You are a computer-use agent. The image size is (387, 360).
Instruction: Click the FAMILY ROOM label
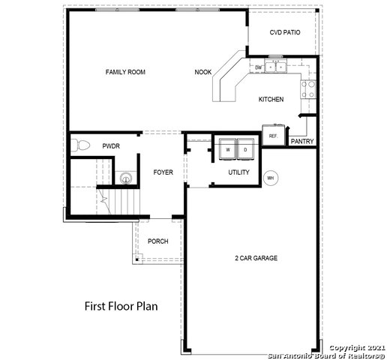tap(125, 72)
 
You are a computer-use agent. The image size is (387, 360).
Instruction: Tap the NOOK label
tap(203, 72)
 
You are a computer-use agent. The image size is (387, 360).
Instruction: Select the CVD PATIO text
tap(285, 32)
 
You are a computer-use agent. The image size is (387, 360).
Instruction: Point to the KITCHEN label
tap(271, 99)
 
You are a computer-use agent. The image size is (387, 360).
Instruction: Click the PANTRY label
tap(302, 141)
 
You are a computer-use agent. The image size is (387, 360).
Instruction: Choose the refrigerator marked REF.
tap(274, 135)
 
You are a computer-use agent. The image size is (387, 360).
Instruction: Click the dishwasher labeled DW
tap(258, 67)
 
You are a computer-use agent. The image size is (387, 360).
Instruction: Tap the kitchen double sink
tap(276, 67)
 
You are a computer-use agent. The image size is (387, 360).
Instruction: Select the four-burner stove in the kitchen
tap(308, 89)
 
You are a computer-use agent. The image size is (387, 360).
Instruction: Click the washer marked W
tap(228, 149)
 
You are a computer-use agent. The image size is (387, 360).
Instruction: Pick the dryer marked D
tap(245, 149)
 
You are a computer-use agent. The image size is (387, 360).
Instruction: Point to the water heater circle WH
tap(271, 178)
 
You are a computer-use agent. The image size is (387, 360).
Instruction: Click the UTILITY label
tap(238, 172)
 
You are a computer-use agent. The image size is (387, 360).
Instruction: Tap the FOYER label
tap(163, 172)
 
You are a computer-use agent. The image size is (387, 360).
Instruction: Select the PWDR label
tap(111, 146)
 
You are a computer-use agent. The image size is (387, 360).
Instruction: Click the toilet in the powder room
tap(80, 145)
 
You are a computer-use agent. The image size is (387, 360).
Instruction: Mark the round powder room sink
tap(126, 178)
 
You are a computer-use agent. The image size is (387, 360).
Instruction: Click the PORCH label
tap(158, 241)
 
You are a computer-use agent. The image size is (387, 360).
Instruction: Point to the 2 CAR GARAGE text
tap(256, 258)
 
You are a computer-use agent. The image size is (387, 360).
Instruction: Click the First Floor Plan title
tap(121, 306)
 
